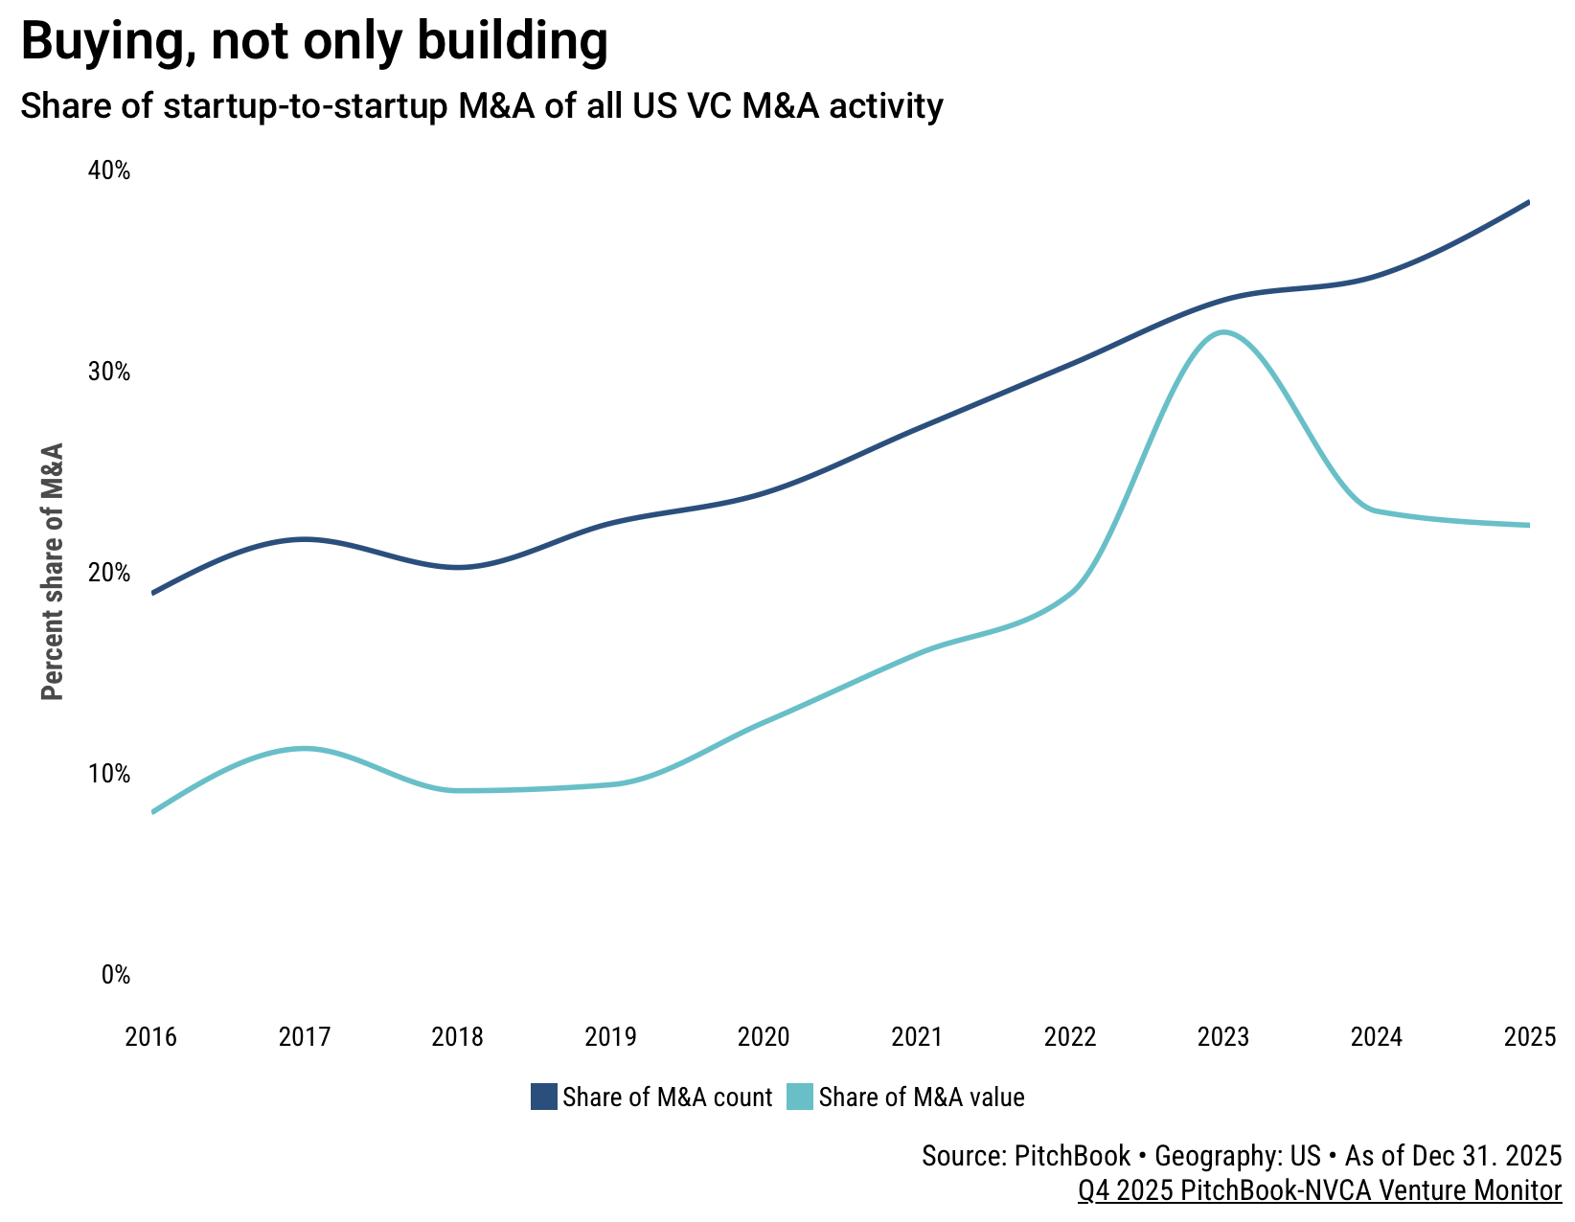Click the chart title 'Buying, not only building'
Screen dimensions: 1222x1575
click(314, 42)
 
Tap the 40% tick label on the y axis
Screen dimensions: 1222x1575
click(109, 170)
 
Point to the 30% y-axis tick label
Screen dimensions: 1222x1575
click(109, 372)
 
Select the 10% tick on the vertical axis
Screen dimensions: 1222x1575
click(109, 774)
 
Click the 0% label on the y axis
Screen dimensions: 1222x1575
click(115, 975)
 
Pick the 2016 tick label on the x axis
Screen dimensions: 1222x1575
click(151, 1037)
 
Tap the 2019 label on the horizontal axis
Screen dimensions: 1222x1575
click(610, 1037)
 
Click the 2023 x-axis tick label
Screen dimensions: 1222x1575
click(1223, 1037)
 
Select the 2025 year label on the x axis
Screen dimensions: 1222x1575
click(1529, 1037)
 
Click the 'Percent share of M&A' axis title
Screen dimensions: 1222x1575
click(54, 571)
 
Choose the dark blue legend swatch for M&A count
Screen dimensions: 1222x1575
click(544, 1097)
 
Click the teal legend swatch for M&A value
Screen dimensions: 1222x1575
click(800, 1097)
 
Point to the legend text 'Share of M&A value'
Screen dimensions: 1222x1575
click(922, 1098)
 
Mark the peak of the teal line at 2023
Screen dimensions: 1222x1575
click(1223, 332)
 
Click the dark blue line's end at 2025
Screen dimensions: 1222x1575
click(1528, 202)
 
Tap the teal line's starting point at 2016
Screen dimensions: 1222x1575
click(153, 812)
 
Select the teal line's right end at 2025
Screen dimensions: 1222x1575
click(1528, 525)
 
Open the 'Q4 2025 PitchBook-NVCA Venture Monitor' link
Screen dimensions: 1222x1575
click(1319, 1190)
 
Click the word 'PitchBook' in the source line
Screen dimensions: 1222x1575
click(1071, 1156)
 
